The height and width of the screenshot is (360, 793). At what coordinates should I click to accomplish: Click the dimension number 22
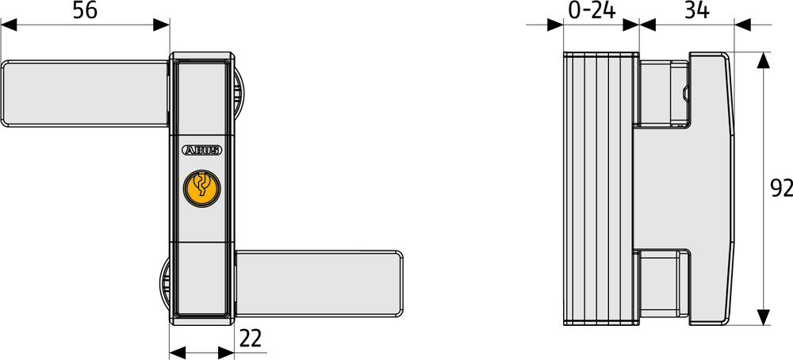(251, 339)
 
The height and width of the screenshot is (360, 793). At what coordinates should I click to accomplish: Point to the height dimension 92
(781, 188)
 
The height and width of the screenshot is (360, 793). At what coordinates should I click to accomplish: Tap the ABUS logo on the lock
(201, 149)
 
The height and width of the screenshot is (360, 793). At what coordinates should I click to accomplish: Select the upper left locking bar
(84, 93)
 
